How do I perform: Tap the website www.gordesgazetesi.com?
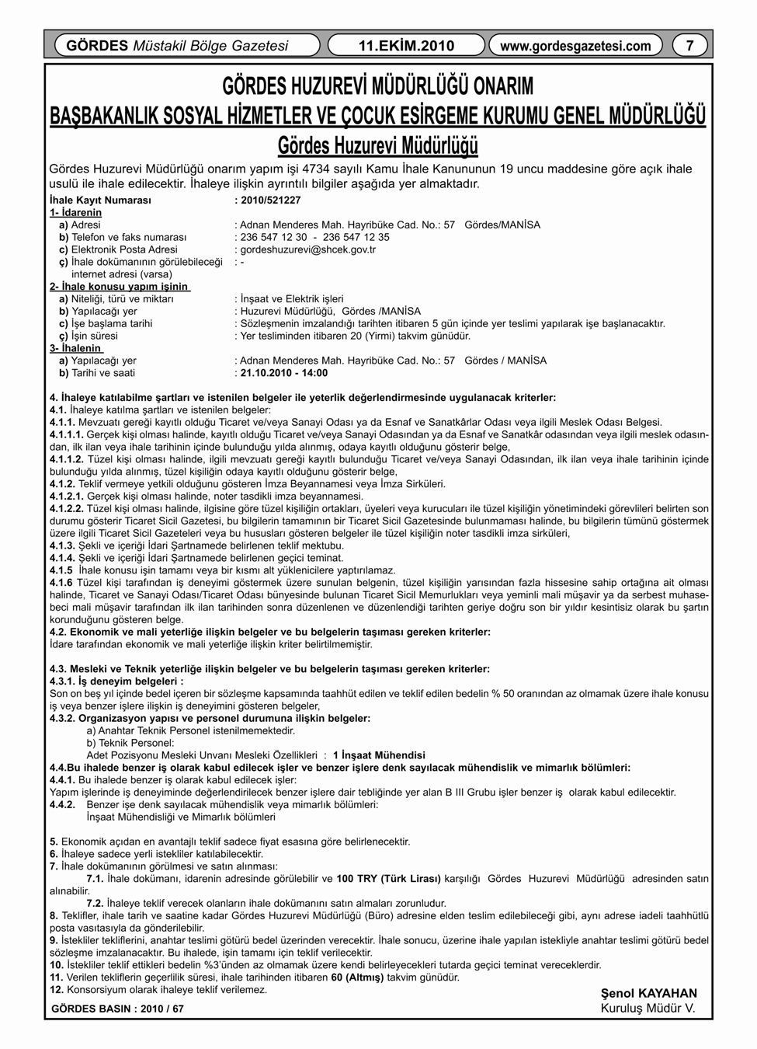click(x=575, y=45)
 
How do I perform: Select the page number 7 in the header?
click(x=689, y=45)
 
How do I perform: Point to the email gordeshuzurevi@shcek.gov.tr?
click(x=308, y=249)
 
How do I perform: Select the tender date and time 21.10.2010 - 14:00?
click(x=284, y=373)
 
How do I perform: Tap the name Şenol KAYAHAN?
click(x=649, y=993)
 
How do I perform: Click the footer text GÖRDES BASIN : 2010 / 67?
click(x=117, y=1009)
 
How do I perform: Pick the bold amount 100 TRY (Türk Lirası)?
click(x=388, y=878)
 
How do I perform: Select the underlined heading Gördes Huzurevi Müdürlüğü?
click(x=377, y=146)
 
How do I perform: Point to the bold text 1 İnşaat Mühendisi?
click(x=379, y=755)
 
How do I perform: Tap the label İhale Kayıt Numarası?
click(x=99, y=200)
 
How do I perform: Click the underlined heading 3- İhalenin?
click(x=75, y=349)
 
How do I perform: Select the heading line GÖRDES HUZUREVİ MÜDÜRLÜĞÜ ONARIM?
click(x=378, y=85)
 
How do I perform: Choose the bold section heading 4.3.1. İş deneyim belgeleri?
click(x=116, y=681)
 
